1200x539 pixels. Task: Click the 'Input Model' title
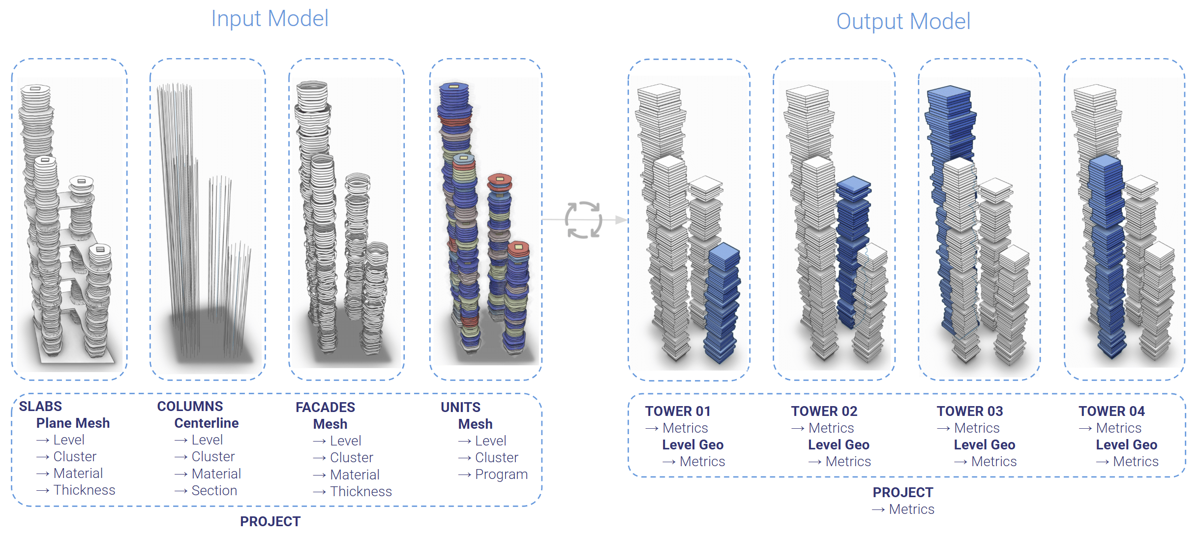pyautogui.click(x=270, y=19)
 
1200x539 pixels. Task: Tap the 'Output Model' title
pyautogui.click(x=903, y=22)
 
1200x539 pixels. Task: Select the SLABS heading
pyautogui.click(x=40, y=406)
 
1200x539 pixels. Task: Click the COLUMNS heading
pyautogui.click(x=190, y=406)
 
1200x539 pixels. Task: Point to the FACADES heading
pyautogui.click(x=325, y=407)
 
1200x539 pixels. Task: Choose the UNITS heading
pyautogui.click(x=460, y=407)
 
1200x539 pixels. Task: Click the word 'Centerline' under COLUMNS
pyautogui.click(x=207, y=423)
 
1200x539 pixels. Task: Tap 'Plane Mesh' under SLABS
pyautogui.click(x=73, y=423)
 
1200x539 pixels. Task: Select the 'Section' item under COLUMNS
pyautogui.click(x=214, y=490)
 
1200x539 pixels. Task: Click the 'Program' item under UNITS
pyautogui.click(x=501, y=474)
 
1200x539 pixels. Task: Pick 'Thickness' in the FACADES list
pyautogui.click(x=360, y=491)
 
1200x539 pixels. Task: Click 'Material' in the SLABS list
pyautogui.click(x=78, y=473)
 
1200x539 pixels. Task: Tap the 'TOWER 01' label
pyautogui.click(x=678, y=411)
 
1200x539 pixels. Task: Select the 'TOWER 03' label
pyautogui.click(x=969, y=411)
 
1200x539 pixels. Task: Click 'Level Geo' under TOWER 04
pyautogui.click(x=1126, y=444)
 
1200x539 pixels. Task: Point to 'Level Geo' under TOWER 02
pyautogui.click(x=839, y=444)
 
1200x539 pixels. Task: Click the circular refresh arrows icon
pyautogui.click(x=583, y=220)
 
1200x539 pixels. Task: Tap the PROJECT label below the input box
pyautogui.click(x=270, y=521)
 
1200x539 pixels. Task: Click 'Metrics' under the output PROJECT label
pyautogui.click(x=911, y=509)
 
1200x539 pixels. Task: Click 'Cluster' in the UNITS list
pyautogui.click(x=496, y=457)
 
